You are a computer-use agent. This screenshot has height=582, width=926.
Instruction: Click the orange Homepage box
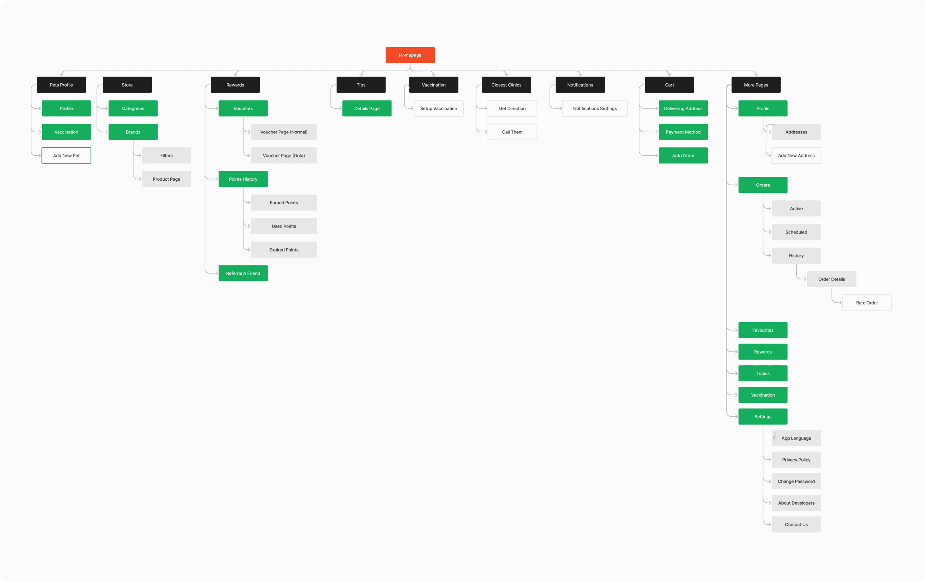(x=410, y=55)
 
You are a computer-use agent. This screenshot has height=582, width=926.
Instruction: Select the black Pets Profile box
(x=61, y=84)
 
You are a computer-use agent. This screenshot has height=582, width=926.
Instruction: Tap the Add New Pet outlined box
(x=66, y=155)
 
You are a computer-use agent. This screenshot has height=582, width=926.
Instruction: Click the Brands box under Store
(x=133, y=132)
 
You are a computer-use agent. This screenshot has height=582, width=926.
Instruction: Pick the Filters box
(x=166, y=155)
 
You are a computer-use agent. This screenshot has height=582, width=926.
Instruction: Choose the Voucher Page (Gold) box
(x=283, y=155)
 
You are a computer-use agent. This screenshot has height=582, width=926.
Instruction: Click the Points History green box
(x=243, y=179)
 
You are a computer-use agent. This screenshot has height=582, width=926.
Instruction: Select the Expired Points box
(x=283, y=249)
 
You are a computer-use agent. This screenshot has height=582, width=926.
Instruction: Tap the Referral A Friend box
(x=243, y=273)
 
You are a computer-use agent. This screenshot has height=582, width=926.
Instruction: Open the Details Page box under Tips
(x=366, y=108)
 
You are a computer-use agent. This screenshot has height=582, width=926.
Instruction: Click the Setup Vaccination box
(x=438, y=108)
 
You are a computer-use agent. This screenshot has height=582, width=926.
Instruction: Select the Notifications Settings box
(x=595, y=108)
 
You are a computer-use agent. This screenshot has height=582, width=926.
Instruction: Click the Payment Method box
(x=683, y=132)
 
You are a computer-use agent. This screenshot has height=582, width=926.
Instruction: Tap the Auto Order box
(x=683, y=155)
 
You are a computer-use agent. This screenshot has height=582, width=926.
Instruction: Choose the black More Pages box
(x=756, y=84)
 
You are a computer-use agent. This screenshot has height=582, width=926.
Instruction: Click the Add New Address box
(x=796, y=155)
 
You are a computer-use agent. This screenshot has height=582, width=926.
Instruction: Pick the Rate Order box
(x=867, y=303)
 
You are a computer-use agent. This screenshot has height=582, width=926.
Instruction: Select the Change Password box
(x=796, y=481)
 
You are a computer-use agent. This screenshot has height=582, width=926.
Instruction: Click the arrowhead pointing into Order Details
(x=804, y=279)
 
